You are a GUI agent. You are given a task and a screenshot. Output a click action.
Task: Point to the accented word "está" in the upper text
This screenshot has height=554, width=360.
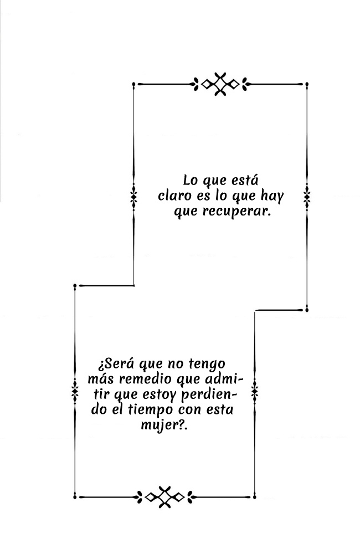pos(244,180)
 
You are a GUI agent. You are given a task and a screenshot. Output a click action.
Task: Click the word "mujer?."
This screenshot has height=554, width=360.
pos(163,425)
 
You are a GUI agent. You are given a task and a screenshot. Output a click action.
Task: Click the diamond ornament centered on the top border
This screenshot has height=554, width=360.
pos(220,84)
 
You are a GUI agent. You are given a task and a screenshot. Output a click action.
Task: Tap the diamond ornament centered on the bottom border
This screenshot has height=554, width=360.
pos(164,497)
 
